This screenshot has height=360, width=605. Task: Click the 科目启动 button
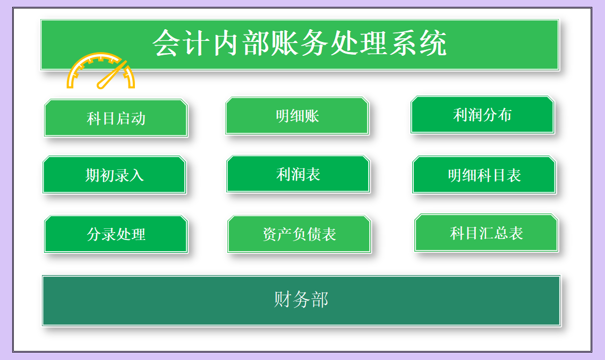coord(116,118)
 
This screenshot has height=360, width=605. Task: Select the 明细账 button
coord(297,116)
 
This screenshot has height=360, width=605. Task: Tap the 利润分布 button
coord(482,115)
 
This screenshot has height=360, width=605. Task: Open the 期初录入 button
coord(115,175)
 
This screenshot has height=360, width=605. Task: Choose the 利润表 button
coord(299,174)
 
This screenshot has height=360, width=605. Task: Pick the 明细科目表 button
coord(484,175)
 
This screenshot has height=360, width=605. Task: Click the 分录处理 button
coord(116,234)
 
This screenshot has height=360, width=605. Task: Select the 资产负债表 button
coord(300,234)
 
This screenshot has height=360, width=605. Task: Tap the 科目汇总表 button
coord(486,233)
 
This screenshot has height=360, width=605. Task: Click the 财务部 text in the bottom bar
coord(301,299)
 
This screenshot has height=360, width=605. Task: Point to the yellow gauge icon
coord(101,71)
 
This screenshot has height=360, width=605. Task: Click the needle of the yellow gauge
coord(112,75)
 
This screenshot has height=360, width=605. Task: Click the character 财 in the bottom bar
coord(283,299)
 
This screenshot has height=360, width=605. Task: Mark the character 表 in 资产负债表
coord(329,234)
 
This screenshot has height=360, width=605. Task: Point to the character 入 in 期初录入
coord(137,175)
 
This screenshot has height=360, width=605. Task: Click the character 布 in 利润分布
coord(505,115)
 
